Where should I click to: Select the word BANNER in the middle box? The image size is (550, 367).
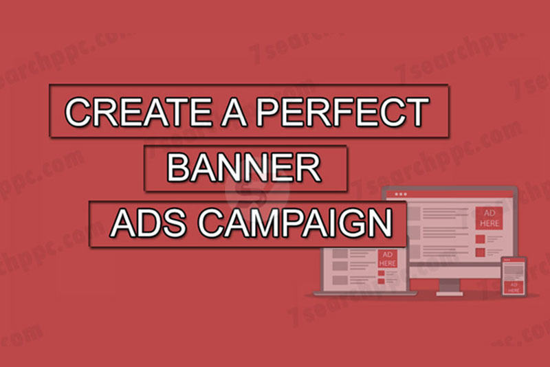tap(245, 168)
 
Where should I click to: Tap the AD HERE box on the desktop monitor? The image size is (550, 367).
tap(489, 217)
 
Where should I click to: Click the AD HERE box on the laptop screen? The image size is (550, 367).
tap(387, 259)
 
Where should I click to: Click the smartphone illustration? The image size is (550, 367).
tap(513, 276)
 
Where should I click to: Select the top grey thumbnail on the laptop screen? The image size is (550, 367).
tap(340, 253)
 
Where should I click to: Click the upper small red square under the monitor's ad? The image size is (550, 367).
tap(480, 237)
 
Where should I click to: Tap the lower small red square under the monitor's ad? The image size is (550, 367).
tap(480, 252)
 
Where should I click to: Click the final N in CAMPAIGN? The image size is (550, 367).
tap(379, 223)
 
